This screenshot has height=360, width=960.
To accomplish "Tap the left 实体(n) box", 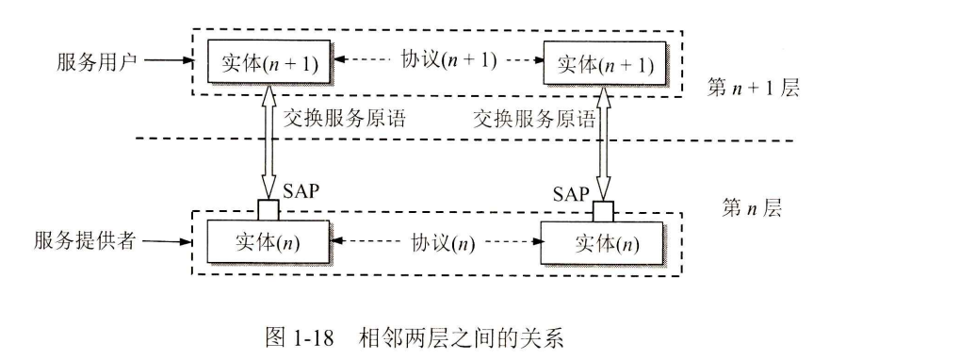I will tap(268, 242).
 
